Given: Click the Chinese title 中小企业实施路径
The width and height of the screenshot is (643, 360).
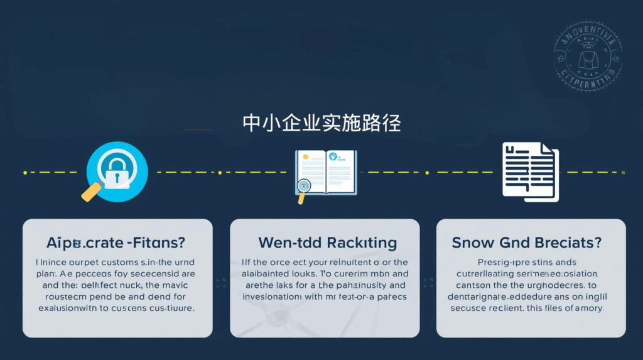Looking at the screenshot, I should pos(321,123).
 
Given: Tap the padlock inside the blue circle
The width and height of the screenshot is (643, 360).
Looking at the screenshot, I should pos(117,173).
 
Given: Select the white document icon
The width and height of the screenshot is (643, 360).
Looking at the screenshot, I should pos(530,172).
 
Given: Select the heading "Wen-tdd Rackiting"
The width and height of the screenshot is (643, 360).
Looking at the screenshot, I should pos(327,243).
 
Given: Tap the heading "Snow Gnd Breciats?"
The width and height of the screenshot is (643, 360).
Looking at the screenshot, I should pos(527,243).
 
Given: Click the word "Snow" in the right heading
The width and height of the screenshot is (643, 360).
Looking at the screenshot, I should pos(472,243).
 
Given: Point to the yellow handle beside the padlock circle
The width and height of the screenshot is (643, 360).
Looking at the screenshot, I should pos(92,191).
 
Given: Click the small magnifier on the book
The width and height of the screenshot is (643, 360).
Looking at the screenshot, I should pos(304,187).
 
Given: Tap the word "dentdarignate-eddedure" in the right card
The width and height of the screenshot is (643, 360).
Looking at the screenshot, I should pos(502,297).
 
